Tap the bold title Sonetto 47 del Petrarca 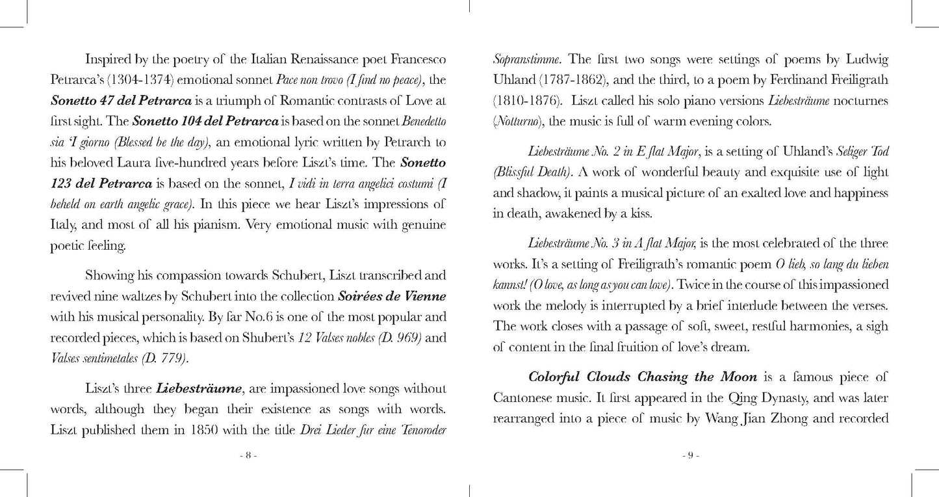[x=121, y=101]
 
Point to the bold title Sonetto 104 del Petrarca [x=205, y=122]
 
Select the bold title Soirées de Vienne [x=392, y=296]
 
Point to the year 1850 [x=196, y=430]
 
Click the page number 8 [x=248, y=456]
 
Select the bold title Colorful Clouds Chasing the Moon [x=643, y=377]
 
